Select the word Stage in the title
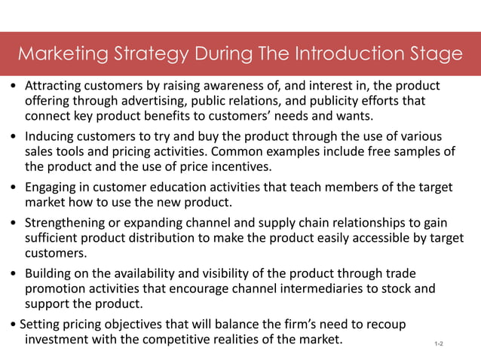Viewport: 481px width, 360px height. (433, 54)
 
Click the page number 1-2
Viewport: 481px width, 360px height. (439, 344)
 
